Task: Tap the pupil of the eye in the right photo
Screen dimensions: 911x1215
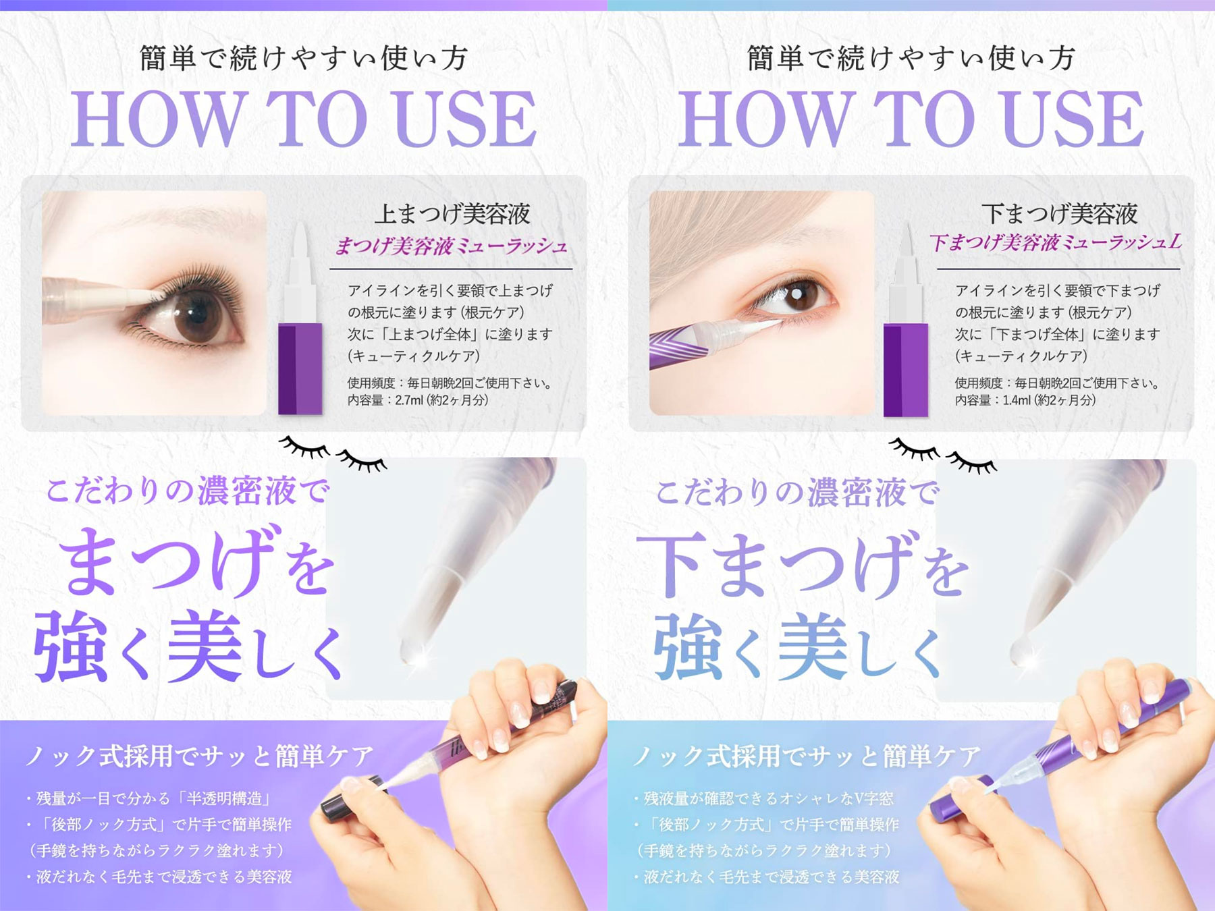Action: (x=797, y=294)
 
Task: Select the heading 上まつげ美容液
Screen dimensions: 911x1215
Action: (x=452, y=214)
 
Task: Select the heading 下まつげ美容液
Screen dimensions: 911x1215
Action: (x=1059, y=214)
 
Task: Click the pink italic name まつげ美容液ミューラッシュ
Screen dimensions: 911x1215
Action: (x=451, y=246)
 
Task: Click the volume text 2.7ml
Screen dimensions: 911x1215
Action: (x=409, y=400)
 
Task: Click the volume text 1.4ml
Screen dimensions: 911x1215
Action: (x=1017, y=400)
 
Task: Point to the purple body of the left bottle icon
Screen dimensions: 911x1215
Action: (x=300, y=368)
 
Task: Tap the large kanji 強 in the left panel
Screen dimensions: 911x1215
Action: (x=71, y=646)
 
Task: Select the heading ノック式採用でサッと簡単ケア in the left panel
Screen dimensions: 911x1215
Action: (x=199, y=756)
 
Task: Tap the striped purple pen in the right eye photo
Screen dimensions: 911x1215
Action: (x=682, y=343)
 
